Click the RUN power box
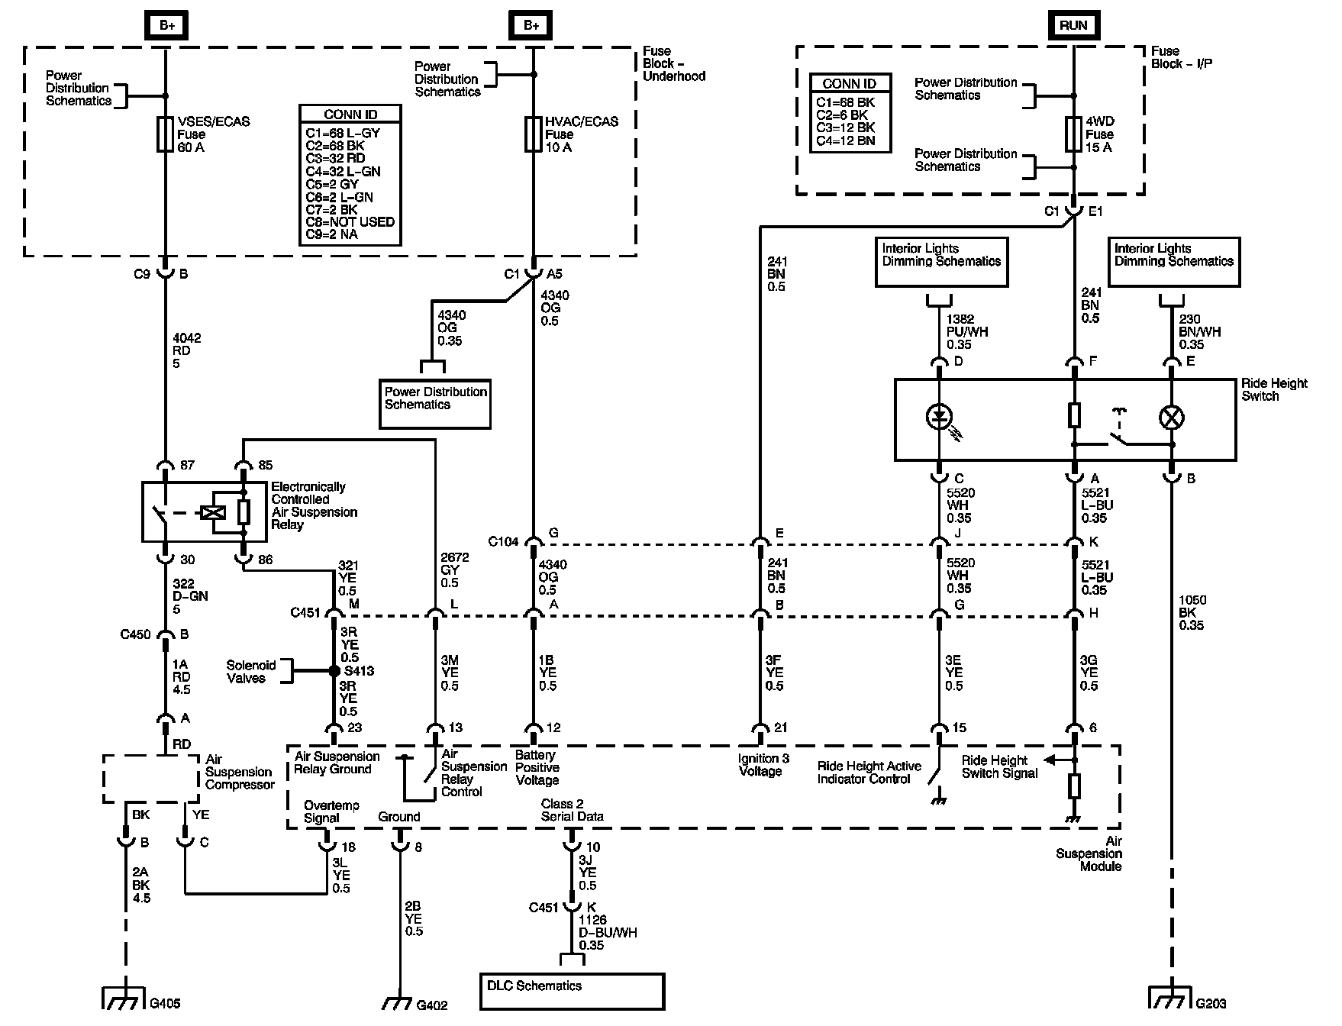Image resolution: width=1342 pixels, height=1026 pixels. (x=1073, y=25)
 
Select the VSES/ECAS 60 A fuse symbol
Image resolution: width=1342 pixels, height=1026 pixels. (x=165, y=134)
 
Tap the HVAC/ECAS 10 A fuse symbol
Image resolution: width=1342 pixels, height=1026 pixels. (x=533, y=134)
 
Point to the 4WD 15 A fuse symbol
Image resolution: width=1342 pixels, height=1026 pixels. (x=1073, y=134)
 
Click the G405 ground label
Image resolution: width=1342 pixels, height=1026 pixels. (x=166, y=1004)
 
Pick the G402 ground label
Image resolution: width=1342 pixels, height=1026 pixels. (x=432, y=1005)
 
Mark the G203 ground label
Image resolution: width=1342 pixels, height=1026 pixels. (x=1211, y=1004)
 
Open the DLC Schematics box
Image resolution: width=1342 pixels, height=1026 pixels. (x=572, y=991)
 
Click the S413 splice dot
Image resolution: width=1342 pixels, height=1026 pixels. (x=334, y=672)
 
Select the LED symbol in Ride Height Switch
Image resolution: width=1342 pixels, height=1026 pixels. (x=939, y=417)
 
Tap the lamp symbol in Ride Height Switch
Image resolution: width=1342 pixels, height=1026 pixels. (x=1171, y=417)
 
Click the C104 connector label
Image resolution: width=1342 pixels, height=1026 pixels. (x=504, y=542)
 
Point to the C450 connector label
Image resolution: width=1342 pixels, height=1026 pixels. (x=135, y=634)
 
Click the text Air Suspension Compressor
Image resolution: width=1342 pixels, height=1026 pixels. (x=240, y=772)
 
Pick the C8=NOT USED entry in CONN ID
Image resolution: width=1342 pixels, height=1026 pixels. (x=350, y=222)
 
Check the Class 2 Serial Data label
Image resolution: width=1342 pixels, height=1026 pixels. (x=573, y=810)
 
